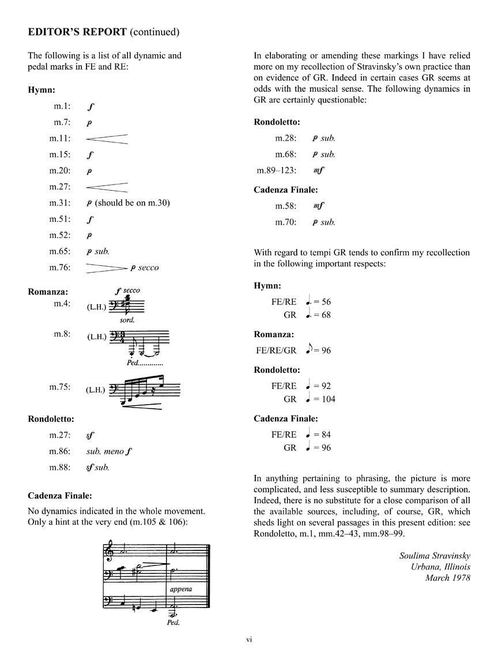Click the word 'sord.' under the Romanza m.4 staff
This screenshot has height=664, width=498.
(x=127, y=319)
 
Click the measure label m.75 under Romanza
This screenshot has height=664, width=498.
(x=59, y=387)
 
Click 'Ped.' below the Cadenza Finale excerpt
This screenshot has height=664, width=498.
(x=172, y=622)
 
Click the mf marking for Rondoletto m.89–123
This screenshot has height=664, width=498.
(x=318, y=171)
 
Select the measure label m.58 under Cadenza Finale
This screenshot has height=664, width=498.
(x=285, y=206)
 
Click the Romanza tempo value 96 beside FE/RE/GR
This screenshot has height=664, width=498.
(x=326, y=350)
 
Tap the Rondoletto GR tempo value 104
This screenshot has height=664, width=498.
(x=328, y=399)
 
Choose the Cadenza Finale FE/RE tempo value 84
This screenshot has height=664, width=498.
(x=326, y=435)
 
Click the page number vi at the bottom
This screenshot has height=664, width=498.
(x=249, y=639)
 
